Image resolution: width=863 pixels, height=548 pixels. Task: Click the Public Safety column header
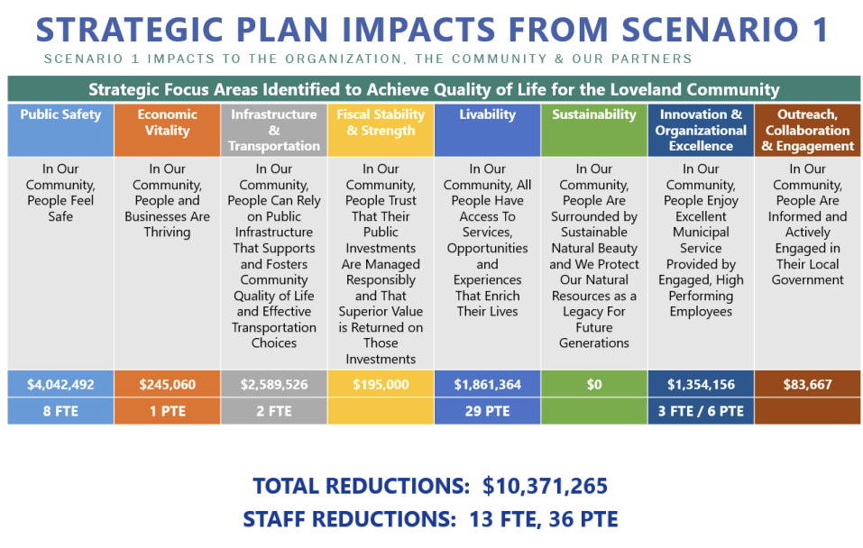(60, 130)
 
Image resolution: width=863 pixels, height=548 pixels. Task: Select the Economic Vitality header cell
(168, 130)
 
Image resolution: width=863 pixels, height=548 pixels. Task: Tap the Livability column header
(487, 130)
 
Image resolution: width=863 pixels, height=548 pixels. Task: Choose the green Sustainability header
(594, 130)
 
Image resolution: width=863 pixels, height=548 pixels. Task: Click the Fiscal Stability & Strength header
(381, 130)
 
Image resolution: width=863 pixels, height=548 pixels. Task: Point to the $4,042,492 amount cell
(60, 384)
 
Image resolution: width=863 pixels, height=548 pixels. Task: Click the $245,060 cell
(168, 384)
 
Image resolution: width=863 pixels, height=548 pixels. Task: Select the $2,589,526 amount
(274, 384)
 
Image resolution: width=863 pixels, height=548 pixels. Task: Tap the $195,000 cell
(381, 384)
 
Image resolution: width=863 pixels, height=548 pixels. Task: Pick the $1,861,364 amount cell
(487, 384)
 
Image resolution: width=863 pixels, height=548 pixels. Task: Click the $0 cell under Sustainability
(594, 384)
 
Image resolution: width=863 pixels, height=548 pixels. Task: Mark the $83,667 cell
(807, 384)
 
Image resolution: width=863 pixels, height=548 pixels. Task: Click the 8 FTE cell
(60, 411)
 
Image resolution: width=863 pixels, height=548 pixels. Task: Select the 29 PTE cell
(487, 411)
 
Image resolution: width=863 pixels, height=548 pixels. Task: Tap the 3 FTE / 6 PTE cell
(701, 411)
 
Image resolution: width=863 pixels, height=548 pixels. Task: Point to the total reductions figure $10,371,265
(545, 486)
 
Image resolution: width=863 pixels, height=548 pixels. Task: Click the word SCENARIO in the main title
(710, 29)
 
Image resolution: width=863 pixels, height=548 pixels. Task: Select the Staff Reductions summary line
(430, 519)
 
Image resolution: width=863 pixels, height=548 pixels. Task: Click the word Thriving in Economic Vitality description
(168, 233)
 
